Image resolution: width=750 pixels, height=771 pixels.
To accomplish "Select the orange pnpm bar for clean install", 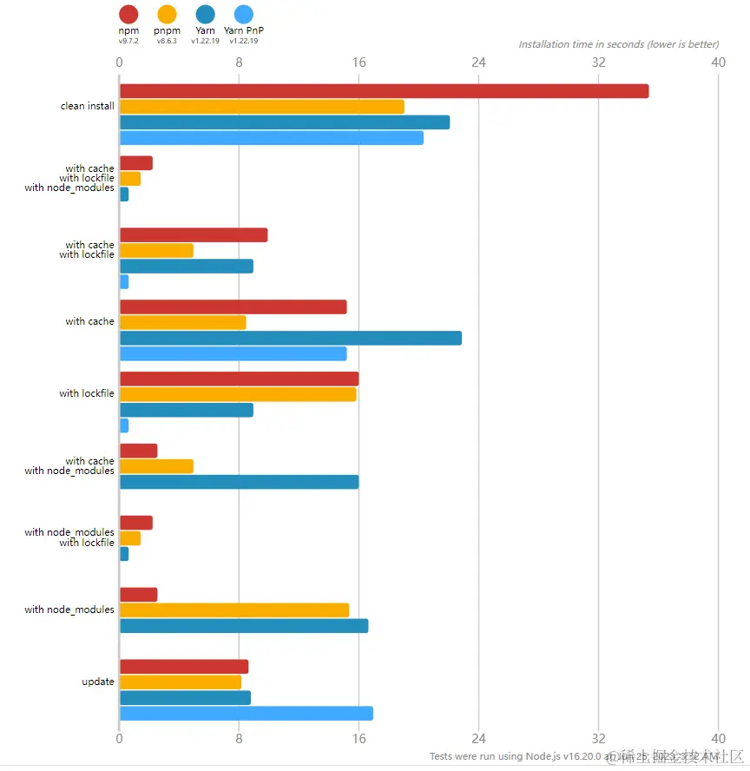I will point(261,107).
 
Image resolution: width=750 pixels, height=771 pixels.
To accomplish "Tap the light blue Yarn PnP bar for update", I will point(246,713).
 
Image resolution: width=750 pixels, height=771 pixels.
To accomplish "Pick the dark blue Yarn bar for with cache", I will point(290,338).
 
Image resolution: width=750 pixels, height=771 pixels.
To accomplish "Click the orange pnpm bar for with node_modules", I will point(234,610).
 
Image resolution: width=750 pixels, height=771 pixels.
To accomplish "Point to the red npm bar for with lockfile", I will point(239,379).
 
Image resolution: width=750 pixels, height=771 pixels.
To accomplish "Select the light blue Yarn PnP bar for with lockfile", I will point(124,425).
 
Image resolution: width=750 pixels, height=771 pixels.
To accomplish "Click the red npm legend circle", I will point(128,14).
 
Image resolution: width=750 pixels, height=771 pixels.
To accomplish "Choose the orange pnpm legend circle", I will point(167,14).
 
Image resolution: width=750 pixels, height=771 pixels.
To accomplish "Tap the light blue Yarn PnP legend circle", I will point(244,14).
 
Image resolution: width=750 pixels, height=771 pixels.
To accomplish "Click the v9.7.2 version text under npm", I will point(128,41).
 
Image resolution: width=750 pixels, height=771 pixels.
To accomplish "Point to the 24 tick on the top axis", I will point(478,63).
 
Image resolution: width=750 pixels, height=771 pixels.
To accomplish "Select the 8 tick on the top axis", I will point(239,63).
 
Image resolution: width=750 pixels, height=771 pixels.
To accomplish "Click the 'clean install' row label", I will point(87,107).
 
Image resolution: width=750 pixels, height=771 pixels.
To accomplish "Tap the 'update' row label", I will point(98,682).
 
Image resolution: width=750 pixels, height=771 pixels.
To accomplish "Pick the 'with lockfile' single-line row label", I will point(87,393).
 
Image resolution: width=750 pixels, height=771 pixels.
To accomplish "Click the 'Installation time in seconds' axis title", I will point(618,44).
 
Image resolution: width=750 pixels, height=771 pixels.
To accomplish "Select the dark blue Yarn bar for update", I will point(185,697).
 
